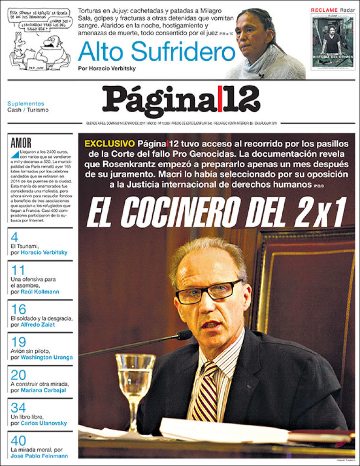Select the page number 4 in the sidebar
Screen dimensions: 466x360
pyautogui.click(x=14, y=237)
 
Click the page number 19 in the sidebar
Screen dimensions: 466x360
pyautogui.click(x=18, y=342)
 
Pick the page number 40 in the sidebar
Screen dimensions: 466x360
pyautogui.click(x=18, y=441)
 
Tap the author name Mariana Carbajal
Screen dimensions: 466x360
pyautogui.click(x=43, y=390)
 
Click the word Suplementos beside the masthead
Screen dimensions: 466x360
pyautogui.click(x=25, y=104)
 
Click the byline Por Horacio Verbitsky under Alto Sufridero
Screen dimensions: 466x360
pyautogui.click(x=106, y=69)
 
